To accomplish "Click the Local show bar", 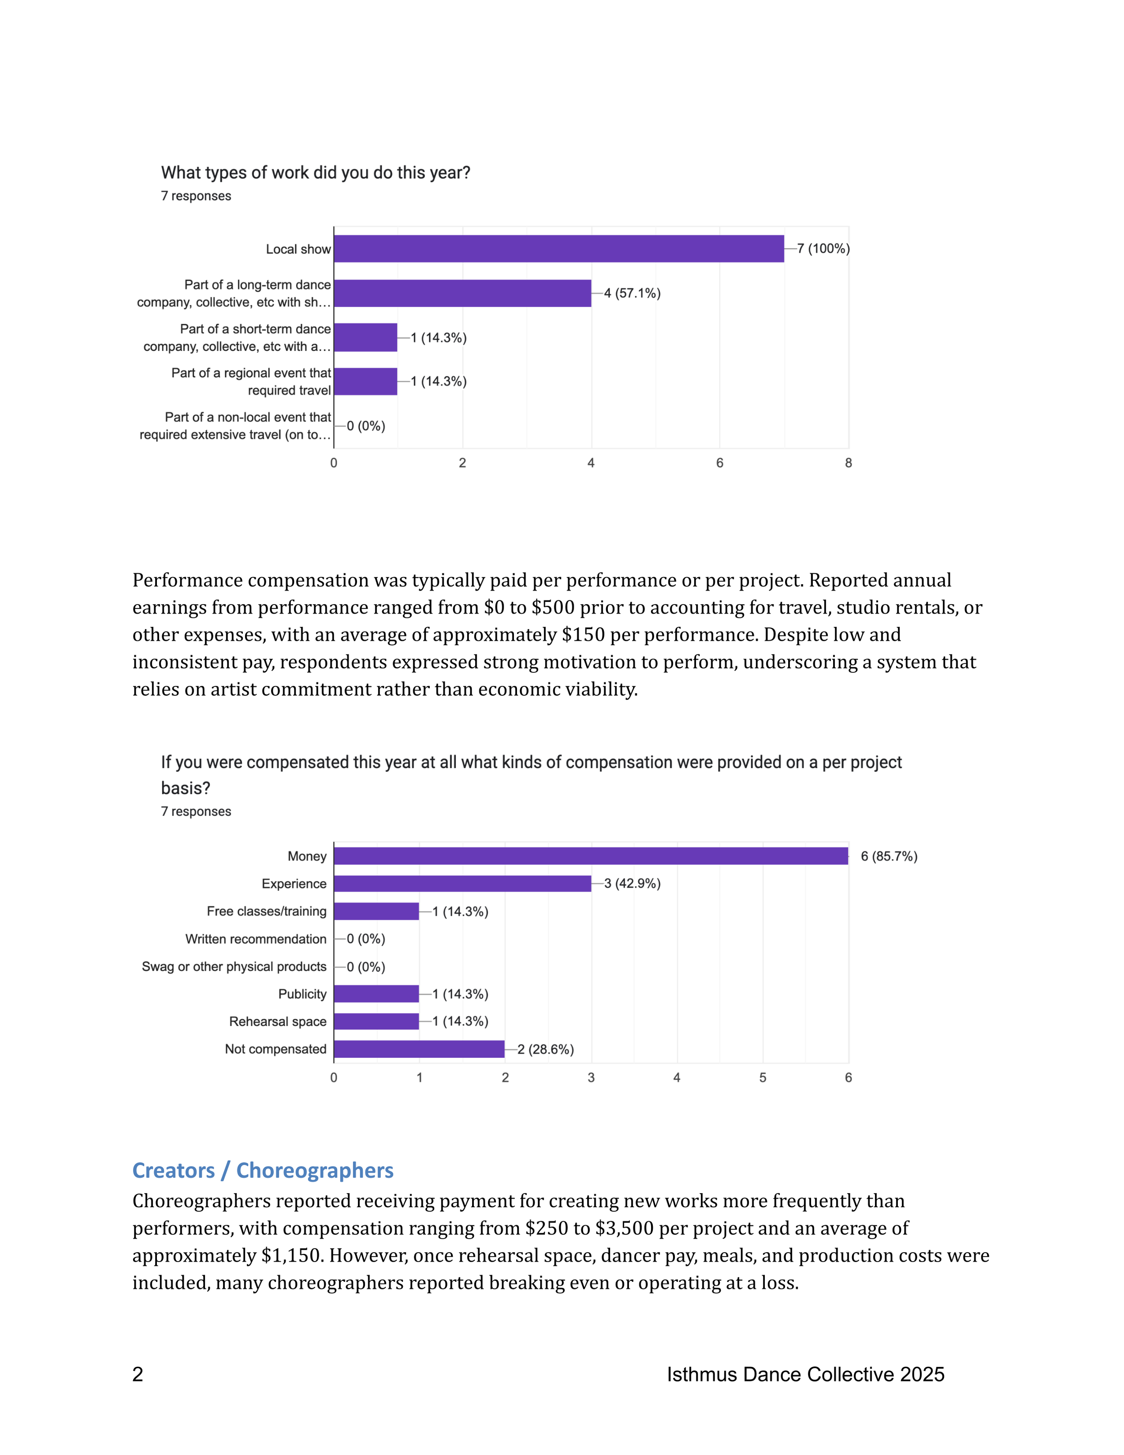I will pyautogui.click(x=559, y=248).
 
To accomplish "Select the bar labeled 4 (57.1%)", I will pyautogui.click(x=462, y=293).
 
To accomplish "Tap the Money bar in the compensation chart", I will pyautogui.click(x=591, y=856).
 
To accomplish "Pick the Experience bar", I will pyautogui.click(x=462, y=883).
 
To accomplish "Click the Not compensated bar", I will pyautogui.click(x=419, y=1049).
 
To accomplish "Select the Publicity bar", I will pyautogui.click(x=376, y=994).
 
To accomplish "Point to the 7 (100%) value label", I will pyautogui.click(x=823, y=248).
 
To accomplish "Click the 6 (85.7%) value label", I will pyautogui.click(x=888, y=856).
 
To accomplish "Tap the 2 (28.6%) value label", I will pyautogui.click(x=545, y=1049).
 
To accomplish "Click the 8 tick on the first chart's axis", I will pyautogui.click(x=848, y=463).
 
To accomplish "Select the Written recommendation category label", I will pyautogui.click(x=256, y=939).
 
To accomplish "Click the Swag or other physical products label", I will pyautogui.click(x=234, y=967).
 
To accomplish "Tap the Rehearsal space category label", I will pyautogui.click(x=278, y=1021).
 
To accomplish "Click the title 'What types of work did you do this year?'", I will pyautogui.click(x=316, y=173).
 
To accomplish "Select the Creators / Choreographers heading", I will pyautogui.click(x=263, y=1171).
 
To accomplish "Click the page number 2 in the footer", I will pyautogui.click(x=138, y=1374).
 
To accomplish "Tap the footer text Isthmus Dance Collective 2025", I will pyautogui.click(x=805, y=1374).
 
